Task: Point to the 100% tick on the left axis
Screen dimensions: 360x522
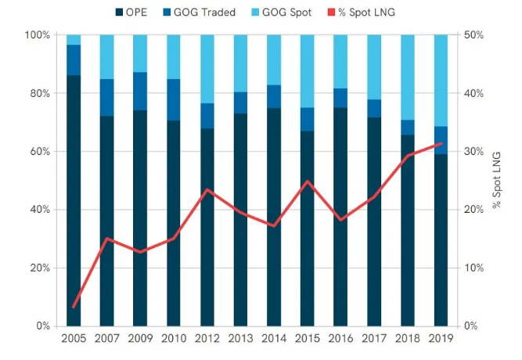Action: click(x=38, y=35)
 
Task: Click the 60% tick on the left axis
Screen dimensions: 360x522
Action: click(x=41, y=152)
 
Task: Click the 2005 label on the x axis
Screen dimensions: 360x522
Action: click(x=74, y=339)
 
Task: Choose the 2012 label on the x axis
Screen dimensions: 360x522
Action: click(x=207, y=339)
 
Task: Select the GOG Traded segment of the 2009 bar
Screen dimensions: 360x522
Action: click(x=141, y=91)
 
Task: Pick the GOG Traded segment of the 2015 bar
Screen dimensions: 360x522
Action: click(x=308, y=119)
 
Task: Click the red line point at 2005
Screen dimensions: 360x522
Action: click(x=74, y=308)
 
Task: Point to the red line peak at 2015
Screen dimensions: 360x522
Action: click(x=308, y=182)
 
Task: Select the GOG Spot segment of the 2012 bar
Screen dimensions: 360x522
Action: click(x=207, y=69)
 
